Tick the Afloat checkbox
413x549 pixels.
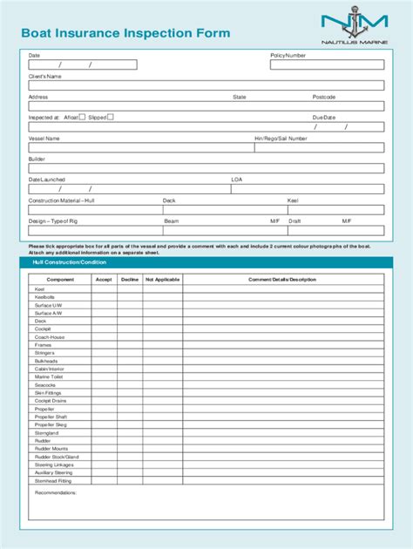tap(82, 116)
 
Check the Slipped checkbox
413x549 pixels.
tap(111, 116)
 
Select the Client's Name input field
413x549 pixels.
tap(206, 85)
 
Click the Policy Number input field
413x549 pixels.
tap(327, 64)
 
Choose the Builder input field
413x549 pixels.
tap(206, 169)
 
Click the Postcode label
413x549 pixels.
tap(324, 97)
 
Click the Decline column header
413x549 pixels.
tap(130, 280)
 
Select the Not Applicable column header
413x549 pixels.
tap(162, 280)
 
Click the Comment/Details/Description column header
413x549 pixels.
tap(281, 280)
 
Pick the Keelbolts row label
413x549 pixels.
tap(44, 296)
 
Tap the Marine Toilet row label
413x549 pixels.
tap(49, 376)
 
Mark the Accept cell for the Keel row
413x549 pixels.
tap(104, 288)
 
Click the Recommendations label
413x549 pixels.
tap(56, 492)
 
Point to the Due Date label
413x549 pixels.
tap(323, 116)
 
